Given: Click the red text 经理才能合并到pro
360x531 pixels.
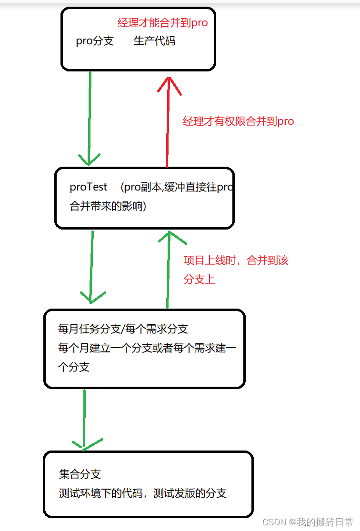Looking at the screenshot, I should (x=162, y=22).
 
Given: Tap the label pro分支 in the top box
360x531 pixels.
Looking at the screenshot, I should (x=95, y=41).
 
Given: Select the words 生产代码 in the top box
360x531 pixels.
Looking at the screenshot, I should (x=154, y=41).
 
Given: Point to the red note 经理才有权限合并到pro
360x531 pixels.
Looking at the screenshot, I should (x=238, y=121).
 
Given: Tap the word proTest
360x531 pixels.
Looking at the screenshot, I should (x=89, y=187).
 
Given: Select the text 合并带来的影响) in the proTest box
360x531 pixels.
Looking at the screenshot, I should (x=108, y=207).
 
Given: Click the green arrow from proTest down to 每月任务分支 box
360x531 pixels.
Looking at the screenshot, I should (x=91, y=267).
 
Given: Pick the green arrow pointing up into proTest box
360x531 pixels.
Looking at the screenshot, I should (x=168, y=269).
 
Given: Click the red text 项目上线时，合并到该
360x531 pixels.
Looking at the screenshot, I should (x=236, y=260).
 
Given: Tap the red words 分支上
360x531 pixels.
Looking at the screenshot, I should (x=200, y=280).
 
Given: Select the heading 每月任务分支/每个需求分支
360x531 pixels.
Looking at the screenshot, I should (x=123, y=329).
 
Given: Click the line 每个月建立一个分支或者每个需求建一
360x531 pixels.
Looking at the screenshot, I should (x=147, y=348).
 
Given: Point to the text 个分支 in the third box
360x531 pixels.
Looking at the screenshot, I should (x=74, y=367).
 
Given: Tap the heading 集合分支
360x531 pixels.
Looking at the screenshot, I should (x=80, y=474).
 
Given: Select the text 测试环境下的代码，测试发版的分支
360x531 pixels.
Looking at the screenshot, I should (x=142, y=493).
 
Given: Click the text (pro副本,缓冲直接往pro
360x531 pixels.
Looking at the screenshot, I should (x=177, y=187).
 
